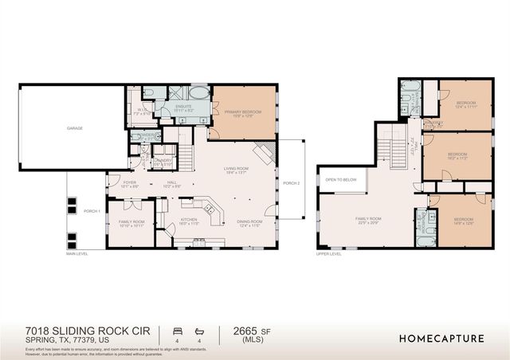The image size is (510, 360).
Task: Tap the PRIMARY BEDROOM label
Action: coord(243,114)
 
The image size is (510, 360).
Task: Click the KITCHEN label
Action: coord(188,219)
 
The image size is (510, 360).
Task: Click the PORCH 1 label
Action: coord(91,211)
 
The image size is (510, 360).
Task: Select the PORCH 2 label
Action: coord(292,183)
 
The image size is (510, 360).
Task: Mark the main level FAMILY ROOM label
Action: coord(131,223)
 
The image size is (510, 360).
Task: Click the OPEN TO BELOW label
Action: coord(340,180)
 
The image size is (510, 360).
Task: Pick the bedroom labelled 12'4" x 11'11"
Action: coord(466,104)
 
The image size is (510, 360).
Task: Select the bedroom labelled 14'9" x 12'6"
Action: coord(463,220)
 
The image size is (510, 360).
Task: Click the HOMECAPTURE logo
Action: coord(441,338)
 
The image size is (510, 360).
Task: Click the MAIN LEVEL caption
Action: coord(77,254)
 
